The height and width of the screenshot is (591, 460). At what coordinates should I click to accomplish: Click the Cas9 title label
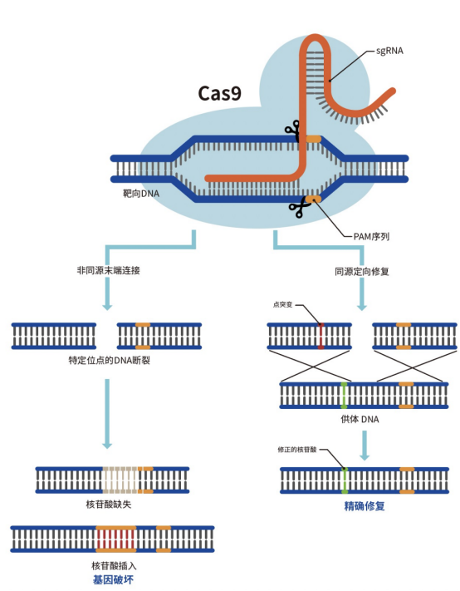pos(219,92)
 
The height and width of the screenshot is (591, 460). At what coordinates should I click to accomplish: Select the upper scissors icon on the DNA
pos(291,129)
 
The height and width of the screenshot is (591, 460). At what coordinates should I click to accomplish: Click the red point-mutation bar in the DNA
pos(321,336)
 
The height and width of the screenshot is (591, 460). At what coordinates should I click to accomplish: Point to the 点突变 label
pos(282,305)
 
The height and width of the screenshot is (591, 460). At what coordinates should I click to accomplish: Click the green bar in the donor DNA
pos(344,396)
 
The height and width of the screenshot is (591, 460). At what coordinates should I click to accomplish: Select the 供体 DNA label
pos(360,420)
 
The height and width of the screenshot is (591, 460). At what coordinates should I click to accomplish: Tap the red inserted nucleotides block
pos(115,539)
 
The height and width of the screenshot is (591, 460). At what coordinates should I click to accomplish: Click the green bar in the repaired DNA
pos(344,480)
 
